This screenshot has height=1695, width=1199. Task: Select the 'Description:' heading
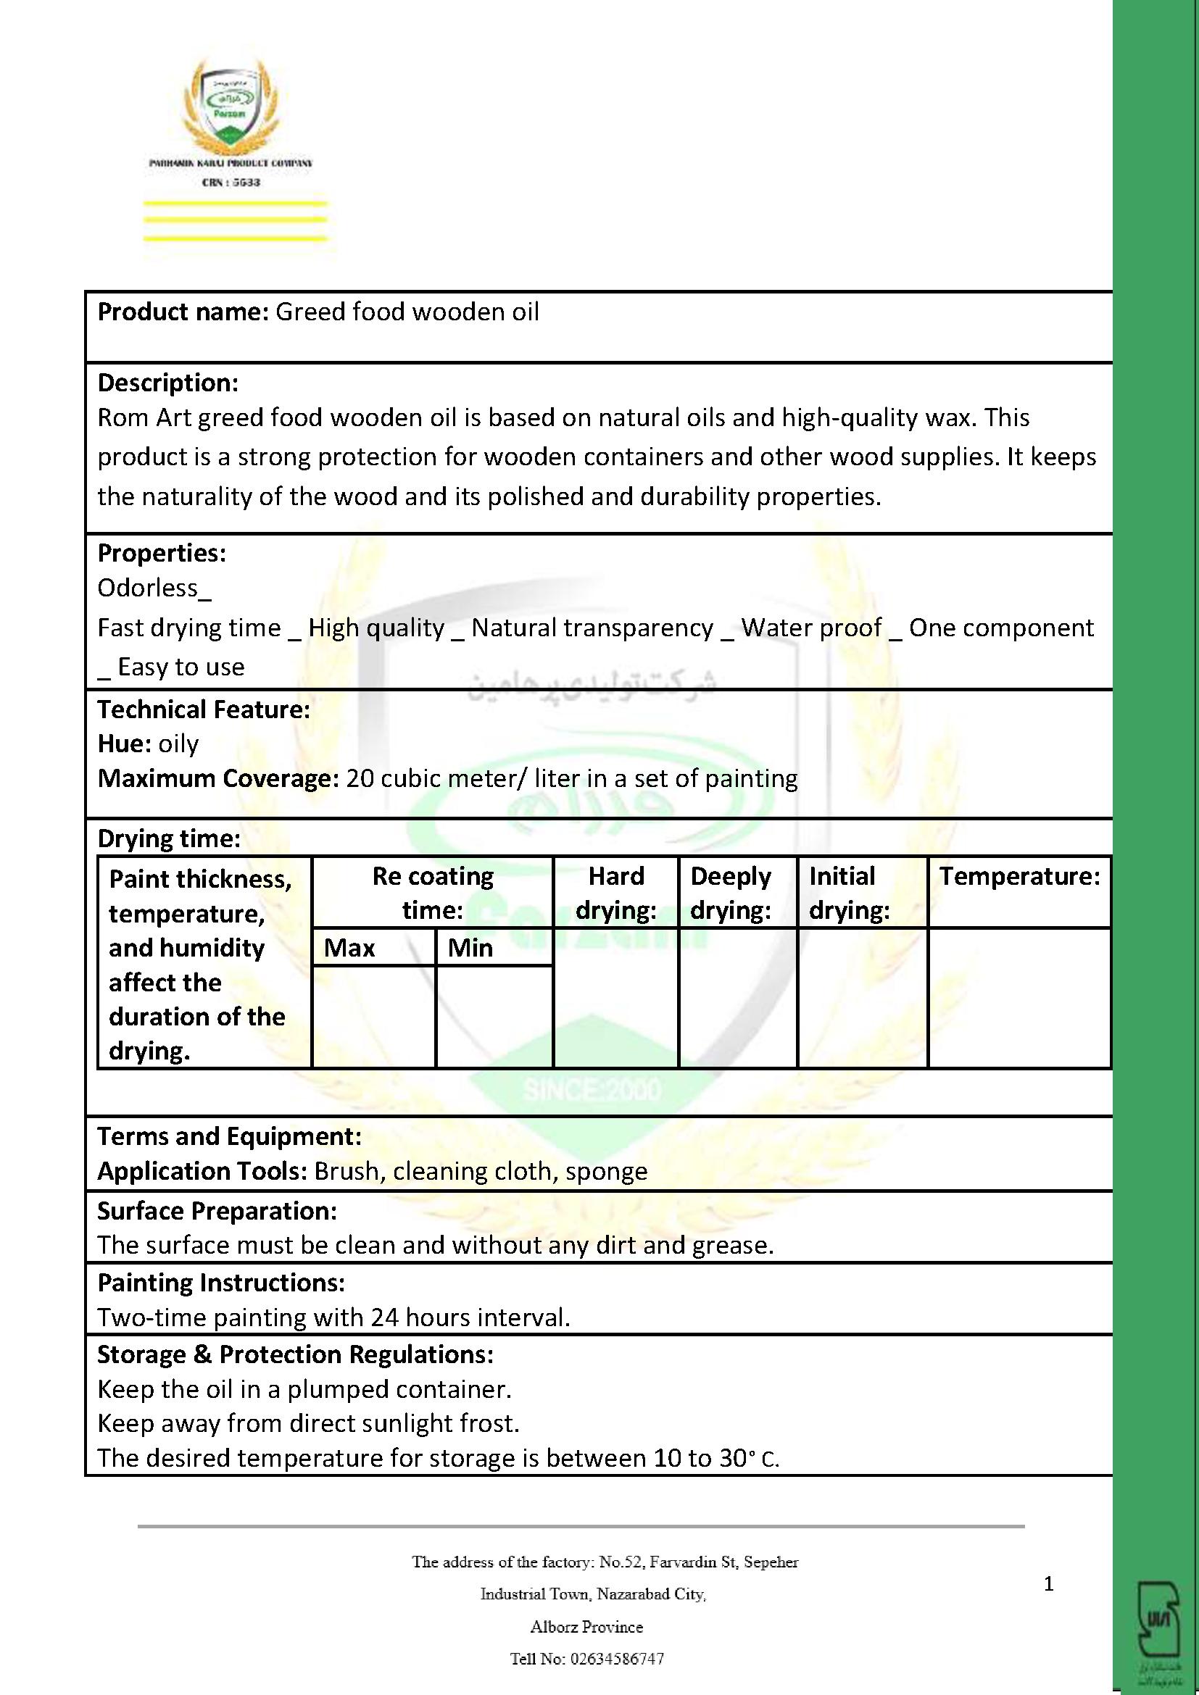tap(167, 383)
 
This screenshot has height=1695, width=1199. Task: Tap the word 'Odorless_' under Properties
tap(154, 588)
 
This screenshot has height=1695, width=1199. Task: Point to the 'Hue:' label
tap(125, 744)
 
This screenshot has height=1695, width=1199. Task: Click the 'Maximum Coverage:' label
tap(217, 778)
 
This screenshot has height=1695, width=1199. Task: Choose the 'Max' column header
tap(349, 947)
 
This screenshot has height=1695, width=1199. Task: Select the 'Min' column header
tap(470, 947)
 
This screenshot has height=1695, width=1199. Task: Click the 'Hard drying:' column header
tap(615, 893)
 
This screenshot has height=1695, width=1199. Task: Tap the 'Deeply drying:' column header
tap(731, 893)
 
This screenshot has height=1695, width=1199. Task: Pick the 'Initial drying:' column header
tap(849, 893)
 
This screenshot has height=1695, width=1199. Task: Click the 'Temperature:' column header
tap(1018, 876)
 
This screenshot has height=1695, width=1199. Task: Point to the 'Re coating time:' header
tap(433, 893)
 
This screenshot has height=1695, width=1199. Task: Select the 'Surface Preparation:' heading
tap(217, 1211)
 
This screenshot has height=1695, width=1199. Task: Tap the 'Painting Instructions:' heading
tap(221, 1283)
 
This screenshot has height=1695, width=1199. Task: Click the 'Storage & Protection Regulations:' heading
tap(295, 1354)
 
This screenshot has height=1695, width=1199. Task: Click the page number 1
tap(1048, 1583)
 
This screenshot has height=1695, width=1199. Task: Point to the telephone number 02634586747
tap(615, 1659)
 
